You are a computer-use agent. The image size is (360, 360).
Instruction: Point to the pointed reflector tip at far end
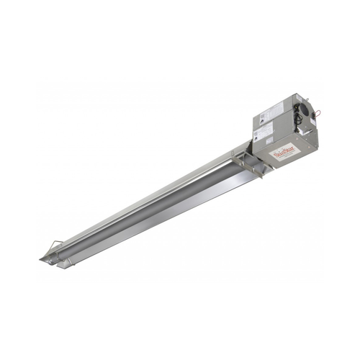click(42, 257)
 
